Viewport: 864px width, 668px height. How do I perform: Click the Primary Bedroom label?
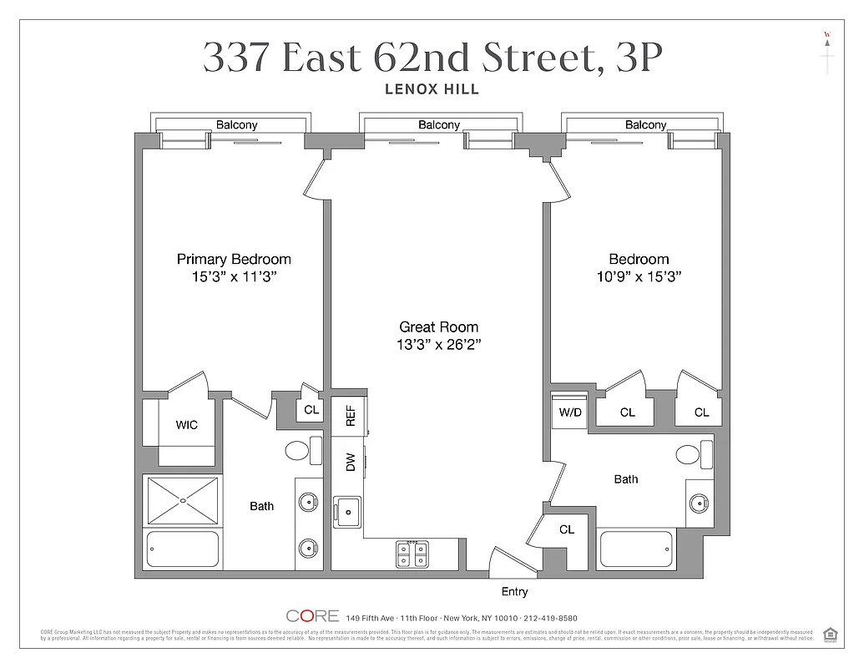point(234,259)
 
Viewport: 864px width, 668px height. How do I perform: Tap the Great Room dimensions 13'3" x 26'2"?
point(438,344)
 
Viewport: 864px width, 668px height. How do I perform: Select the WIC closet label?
point(187,425)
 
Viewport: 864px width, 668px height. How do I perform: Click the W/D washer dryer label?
point(570,412)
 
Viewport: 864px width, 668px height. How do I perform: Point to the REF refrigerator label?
point(350,416)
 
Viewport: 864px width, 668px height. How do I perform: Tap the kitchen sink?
point(347,509)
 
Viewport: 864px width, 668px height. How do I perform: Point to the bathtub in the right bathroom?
point(636,549)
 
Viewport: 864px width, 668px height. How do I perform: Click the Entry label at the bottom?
point(514,592)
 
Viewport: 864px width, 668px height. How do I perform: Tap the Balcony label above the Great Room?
point(438,125)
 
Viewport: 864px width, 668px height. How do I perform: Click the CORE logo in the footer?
point(312,616)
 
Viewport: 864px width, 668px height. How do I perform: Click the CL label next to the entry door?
point(567,529)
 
